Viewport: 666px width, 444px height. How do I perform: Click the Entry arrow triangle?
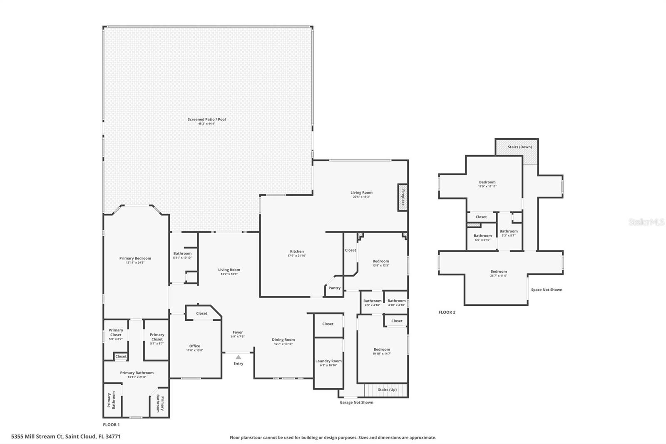238,357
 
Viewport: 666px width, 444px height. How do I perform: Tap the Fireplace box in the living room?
403,197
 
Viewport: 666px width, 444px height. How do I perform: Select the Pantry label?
334,288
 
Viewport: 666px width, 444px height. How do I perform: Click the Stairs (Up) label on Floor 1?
387,390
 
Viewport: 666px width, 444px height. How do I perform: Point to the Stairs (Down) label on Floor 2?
519,147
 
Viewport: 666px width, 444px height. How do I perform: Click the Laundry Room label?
328,361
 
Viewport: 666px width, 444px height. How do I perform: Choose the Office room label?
194,346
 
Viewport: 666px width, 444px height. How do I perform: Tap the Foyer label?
238,332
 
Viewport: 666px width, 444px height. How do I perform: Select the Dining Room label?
283,340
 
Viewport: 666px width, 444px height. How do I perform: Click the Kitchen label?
297,252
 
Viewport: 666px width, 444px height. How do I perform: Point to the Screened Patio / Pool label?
206,120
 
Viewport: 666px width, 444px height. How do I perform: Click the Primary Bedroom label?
135,258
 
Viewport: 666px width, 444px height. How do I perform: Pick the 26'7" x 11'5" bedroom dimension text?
499,276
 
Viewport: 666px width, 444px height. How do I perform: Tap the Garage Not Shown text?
356,402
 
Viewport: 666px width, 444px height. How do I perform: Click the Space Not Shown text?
547,290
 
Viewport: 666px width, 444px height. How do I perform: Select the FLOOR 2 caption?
447,312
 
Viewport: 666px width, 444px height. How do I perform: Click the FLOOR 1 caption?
111,425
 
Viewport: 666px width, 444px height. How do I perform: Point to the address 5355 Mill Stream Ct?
66,437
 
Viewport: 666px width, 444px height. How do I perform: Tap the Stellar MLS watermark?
646,222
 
